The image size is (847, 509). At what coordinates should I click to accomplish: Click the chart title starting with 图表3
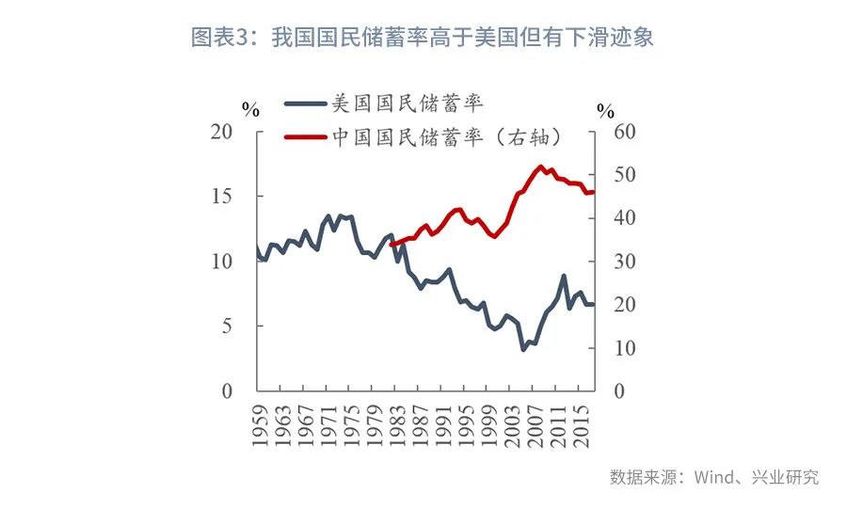click(x=423, y=38)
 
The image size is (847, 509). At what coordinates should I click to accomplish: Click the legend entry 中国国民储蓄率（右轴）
click(x=448, y=137)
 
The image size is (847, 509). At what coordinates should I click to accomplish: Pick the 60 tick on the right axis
click(x=626, y=132)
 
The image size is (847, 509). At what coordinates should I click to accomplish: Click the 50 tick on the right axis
click(x=626, y=175)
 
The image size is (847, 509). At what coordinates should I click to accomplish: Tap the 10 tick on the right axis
click(x=626, y=348)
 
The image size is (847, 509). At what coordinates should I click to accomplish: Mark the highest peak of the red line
click(x=540, y=167)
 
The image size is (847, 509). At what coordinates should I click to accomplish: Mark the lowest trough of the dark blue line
click(x=524, y=349)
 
